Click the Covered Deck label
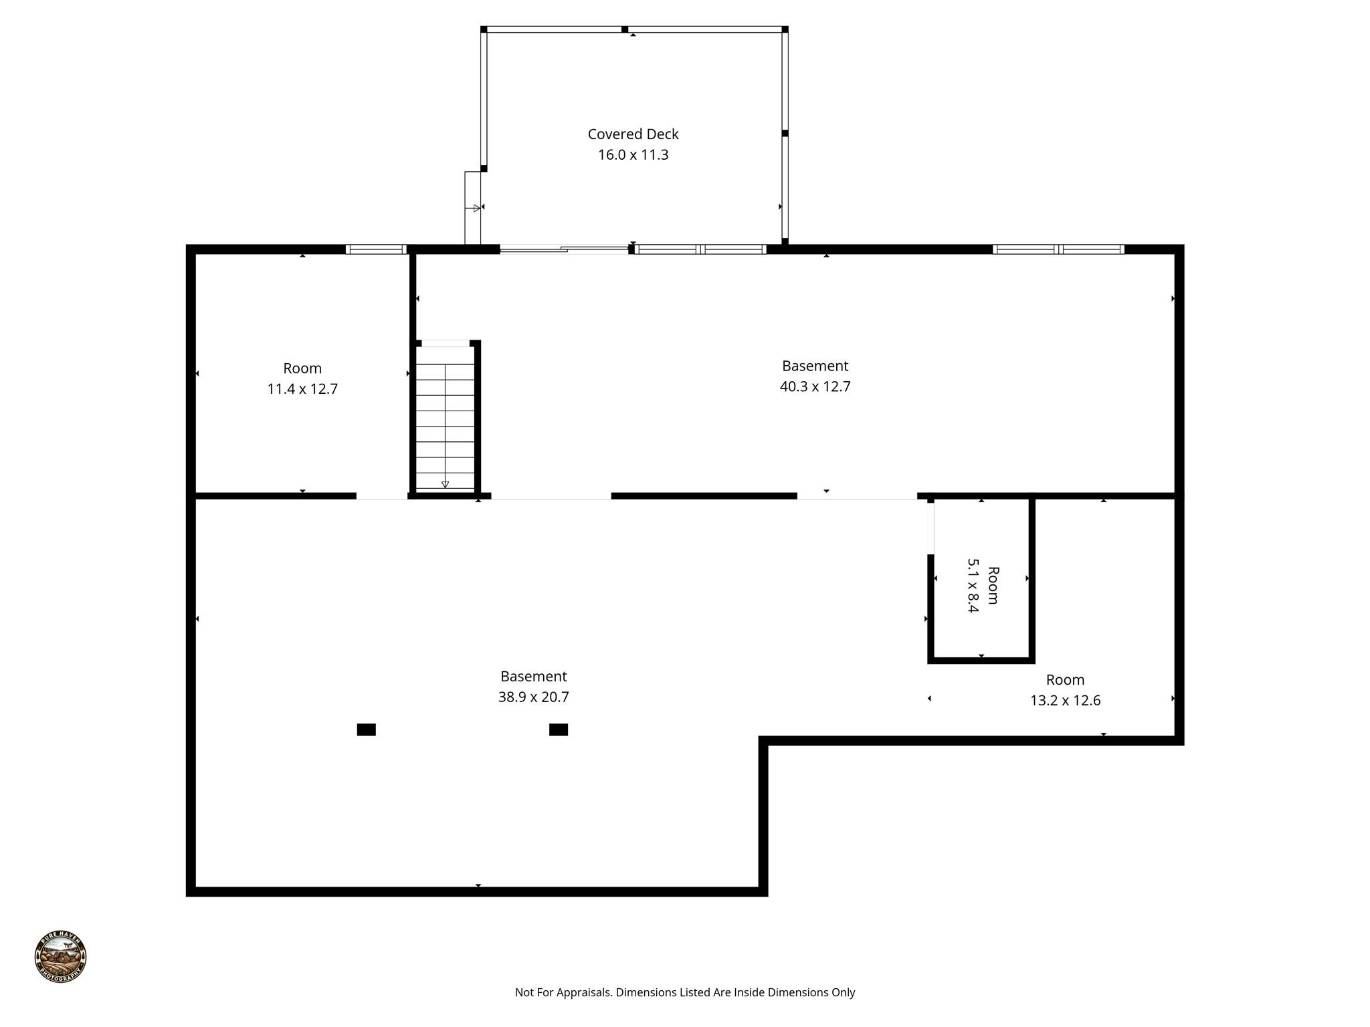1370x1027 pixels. pos(633,134)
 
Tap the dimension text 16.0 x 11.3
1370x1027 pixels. pos(633,155)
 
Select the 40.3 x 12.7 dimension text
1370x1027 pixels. pos(815,386)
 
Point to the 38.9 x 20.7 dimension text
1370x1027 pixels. pos(533,697)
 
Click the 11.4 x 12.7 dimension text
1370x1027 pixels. pos(302,389)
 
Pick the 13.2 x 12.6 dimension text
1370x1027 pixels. pos(1065,701)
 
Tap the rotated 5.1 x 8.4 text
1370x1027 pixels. pos(973,586)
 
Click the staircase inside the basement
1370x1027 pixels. pos(445,418)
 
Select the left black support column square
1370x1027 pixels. pos(366,729)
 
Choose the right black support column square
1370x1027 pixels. pos(559,729)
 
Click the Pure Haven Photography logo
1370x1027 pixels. pos(61,955)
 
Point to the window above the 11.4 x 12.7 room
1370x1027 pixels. pos(376,249)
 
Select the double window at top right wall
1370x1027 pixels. pos(1058,249)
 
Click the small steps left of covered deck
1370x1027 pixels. pos(472,208)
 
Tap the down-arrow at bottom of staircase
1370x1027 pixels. pos(445,484)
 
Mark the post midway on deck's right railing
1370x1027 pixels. pos(785,134)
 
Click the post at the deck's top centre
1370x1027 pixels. pos(625,29)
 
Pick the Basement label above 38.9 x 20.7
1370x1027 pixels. pos(533,677)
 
